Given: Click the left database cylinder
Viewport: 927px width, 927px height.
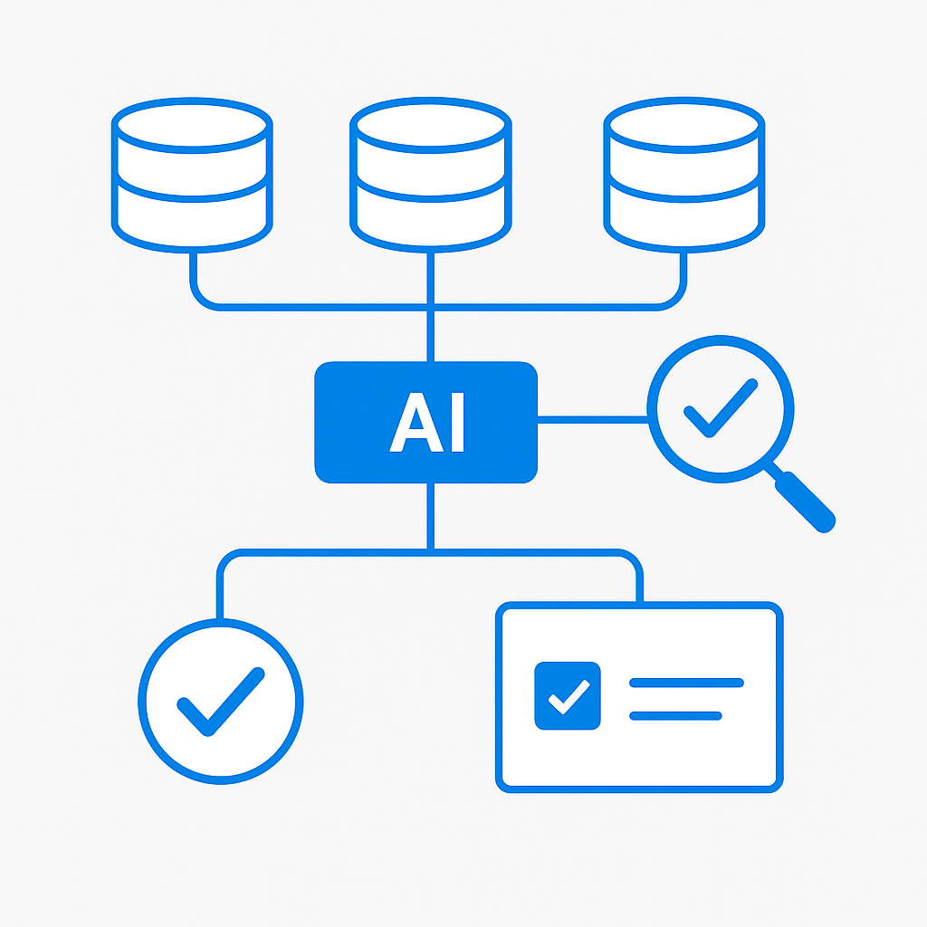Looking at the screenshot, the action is click(x=192, y=175).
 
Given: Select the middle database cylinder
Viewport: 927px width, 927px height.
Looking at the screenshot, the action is click(x=430, y=175).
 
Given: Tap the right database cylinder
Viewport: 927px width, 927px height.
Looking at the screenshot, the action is click(x=684, y=175).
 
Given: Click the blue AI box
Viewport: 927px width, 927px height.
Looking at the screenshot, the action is click(x=425, y=422).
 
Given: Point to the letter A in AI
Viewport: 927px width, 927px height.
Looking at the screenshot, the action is click(x=416, y=422).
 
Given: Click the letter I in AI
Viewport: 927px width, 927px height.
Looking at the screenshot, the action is click(x=457, y=422).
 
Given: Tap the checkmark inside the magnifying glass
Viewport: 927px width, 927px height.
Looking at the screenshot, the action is click(x=721, y=408).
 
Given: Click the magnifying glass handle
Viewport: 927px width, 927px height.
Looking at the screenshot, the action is click(x=805, y=502).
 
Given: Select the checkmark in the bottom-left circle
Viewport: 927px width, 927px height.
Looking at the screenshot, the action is click(x=221, y=702).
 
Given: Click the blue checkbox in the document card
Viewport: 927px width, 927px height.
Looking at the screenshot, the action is click(x=568, y=696).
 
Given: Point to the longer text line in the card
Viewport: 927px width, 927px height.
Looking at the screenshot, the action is click(x=686, y=683).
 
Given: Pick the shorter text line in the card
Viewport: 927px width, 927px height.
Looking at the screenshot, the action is click(x=675, y=716).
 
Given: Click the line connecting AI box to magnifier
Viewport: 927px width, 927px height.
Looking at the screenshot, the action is click(x=593, y=420).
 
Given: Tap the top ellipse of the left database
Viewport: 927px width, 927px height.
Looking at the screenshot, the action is click(x=192, y=125).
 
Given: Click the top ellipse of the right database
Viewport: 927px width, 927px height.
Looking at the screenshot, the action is click(x=684, y=125).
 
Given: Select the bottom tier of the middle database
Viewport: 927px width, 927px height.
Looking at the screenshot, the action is click(x=430, y=219).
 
